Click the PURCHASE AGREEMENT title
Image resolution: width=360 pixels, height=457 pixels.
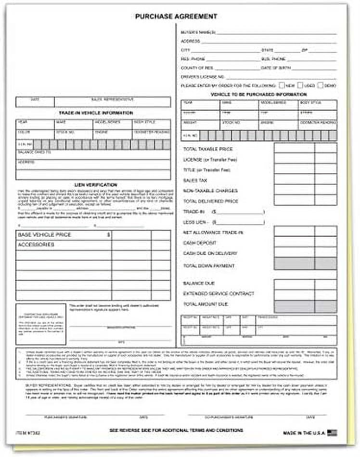pos(176,16)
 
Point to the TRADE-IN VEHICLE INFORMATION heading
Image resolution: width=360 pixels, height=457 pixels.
pos(95,113)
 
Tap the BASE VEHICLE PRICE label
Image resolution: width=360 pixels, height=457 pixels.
pos(44,235)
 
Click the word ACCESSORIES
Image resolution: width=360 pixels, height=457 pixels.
pos(36,245)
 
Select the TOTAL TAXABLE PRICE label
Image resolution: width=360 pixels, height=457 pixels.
pos(208,149)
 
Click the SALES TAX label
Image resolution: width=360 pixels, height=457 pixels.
pos(195,180)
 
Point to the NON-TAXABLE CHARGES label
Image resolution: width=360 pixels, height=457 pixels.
pos(210,190)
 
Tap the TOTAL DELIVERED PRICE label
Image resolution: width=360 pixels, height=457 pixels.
pos(211,201)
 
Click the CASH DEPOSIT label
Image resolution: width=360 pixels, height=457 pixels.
pos(200,243)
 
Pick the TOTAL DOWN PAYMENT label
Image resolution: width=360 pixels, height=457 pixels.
pos(209,266)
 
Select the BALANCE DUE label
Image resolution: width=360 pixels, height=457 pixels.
pos(199,283)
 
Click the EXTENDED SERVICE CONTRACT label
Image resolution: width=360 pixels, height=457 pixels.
pos(219,293)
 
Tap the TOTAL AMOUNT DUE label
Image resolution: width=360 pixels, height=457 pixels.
pos(206,304)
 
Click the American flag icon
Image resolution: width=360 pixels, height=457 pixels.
pos(332,432)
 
